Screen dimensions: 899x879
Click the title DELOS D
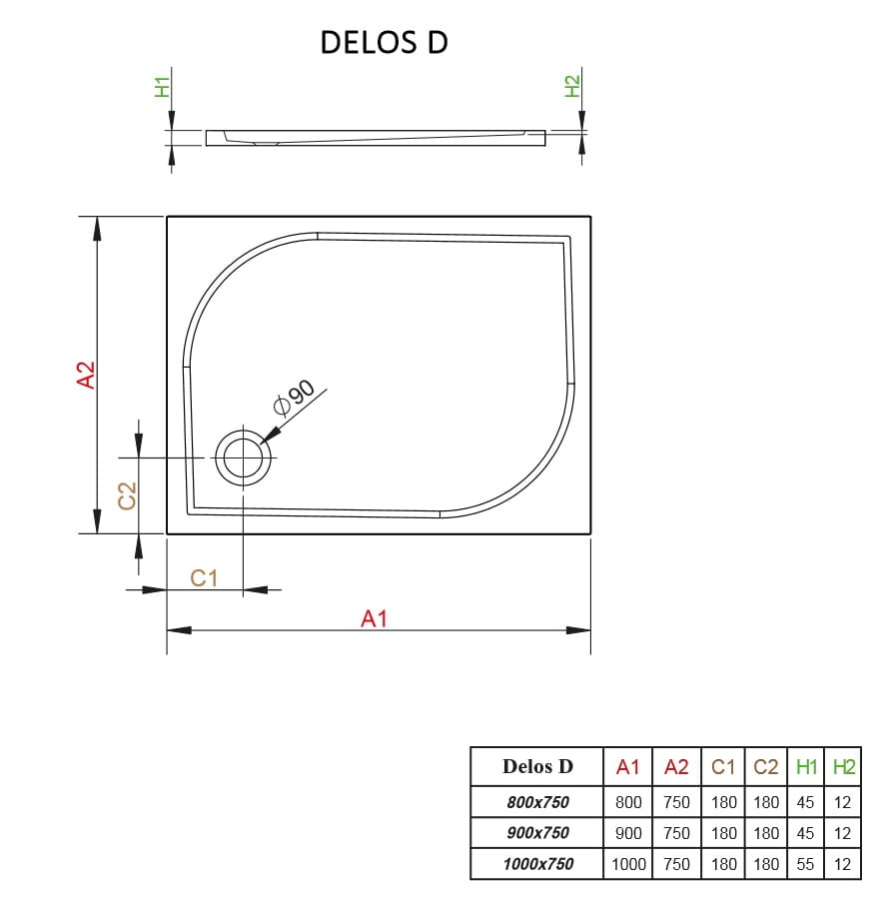pos(384,42)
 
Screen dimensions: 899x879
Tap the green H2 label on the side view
pos(572,87)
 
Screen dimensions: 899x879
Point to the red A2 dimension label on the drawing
pos(87,375)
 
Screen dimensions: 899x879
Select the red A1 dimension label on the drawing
pos(374,619)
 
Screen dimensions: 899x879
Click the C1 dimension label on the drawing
pos(204,577)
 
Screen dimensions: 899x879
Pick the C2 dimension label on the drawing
pos(127,495)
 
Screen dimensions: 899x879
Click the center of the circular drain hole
pos(243,458)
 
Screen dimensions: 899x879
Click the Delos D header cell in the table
pos(537,767)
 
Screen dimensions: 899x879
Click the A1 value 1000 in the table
pos(628,864)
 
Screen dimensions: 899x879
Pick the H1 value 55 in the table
pos(806,864)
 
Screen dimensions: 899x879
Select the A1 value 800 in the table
pos(628,802)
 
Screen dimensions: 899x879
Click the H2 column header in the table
pos(844,767)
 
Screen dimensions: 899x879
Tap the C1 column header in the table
pos(724,767)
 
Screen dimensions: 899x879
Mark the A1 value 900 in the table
pos(628,833)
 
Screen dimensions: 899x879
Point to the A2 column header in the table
pos(676,767)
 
